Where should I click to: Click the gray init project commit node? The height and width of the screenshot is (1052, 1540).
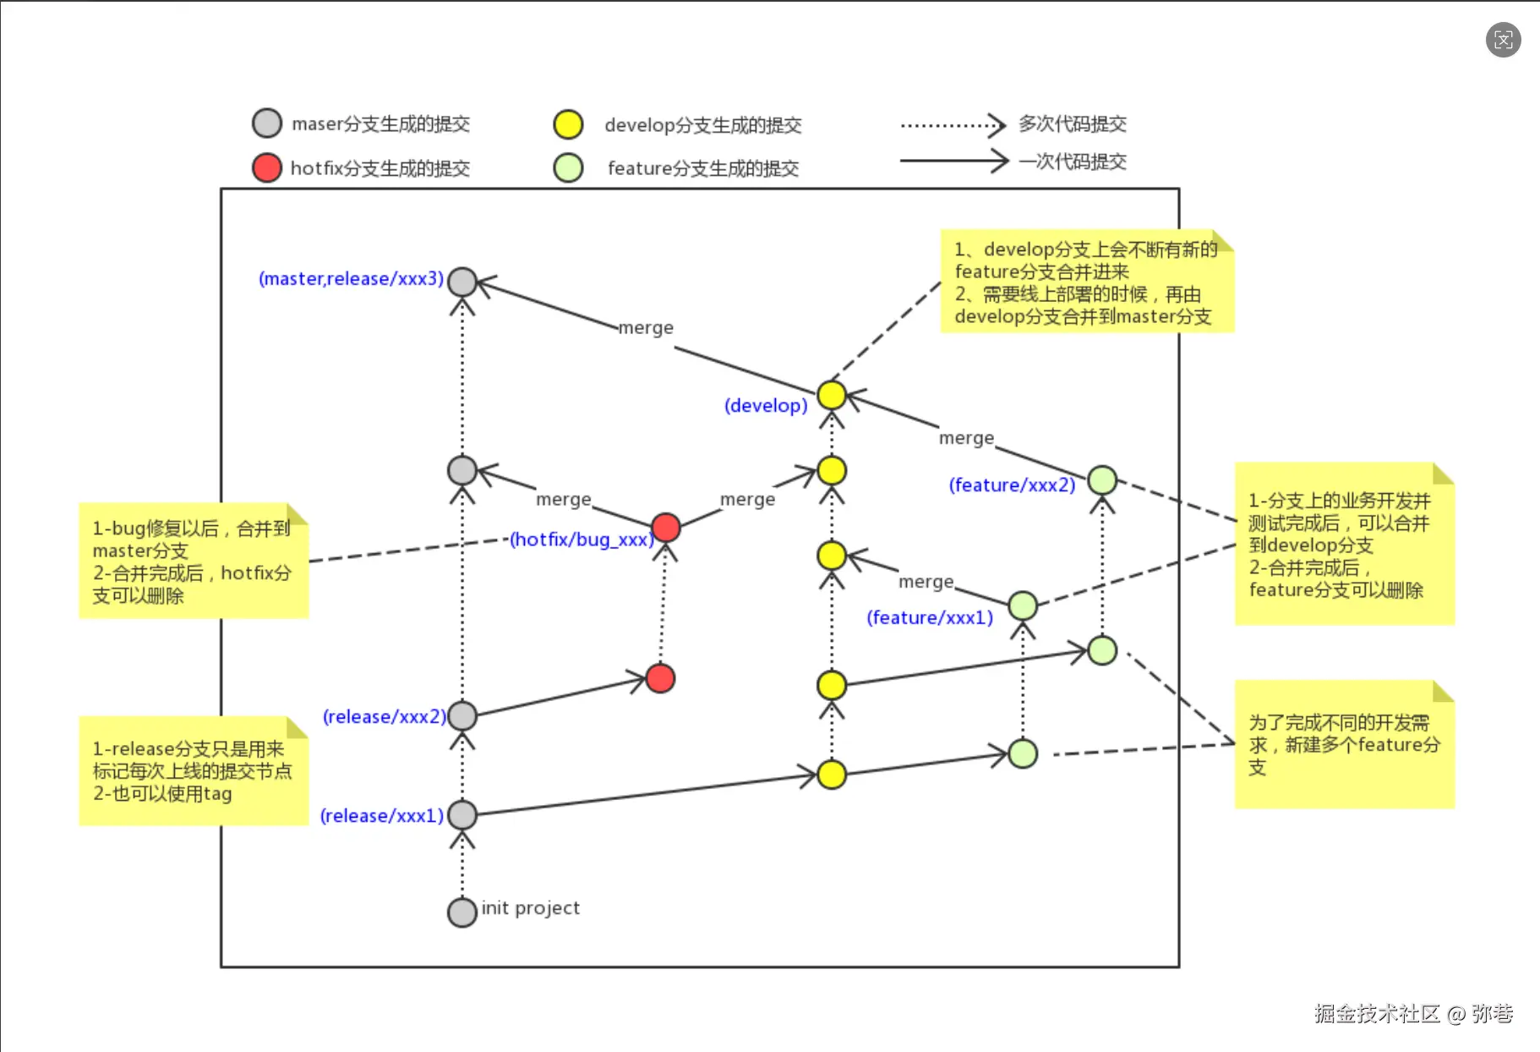(x=462, y=912)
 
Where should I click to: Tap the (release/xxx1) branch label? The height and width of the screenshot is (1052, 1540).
(x=381, y=815)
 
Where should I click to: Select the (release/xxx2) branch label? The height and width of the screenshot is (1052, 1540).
(x=384, y=716)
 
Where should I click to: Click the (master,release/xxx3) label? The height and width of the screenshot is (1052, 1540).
(x=351, y=278)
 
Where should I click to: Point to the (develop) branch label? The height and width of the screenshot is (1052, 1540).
(x=766, y=405)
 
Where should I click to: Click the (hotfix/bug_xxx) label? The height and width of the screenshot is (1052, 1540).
(x=582, y=539)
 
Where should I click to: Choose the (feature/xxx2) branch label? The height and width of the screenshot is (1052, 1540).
(x=1012, y=485)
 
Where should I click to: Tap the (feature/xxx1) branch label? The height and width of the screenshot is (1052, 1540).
(x=930, y=617)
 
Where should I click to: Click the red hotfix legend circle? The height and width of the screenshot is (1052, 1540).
(x=267, y=167)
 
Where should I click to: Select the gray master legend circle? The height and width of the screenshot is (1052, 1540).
(x=267, y=123)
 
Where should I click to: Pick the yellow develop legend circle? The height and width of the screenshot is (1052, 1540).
(x=568, y=124)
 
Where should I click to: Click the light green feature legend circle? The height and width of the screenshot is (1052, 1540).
(x=568, y=167)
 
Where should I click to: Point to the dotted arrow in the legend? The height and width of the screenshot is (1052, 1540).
(x=953, y=125)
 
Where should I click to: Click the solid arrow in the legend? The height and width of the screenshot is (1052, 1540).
(x=953, y=160)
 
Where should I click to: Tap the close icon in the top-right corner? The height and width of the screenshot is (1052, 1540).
(x=1503, y=40)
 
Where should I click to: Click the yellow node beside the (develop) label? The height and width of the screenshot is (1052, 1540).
(x=832, y=394)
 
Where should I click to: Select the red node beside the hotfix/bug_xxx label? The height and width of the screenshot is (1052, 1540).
(x=666, y=527)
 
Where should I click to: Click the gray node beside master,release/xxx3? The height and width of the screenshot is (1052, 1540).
(x=462, y=282)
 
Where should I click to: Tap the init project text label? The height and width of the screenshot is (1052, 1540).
(x=531, y=907)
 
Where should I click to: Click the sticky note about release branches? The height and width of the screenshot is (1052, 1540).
(x=194, y=770)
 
